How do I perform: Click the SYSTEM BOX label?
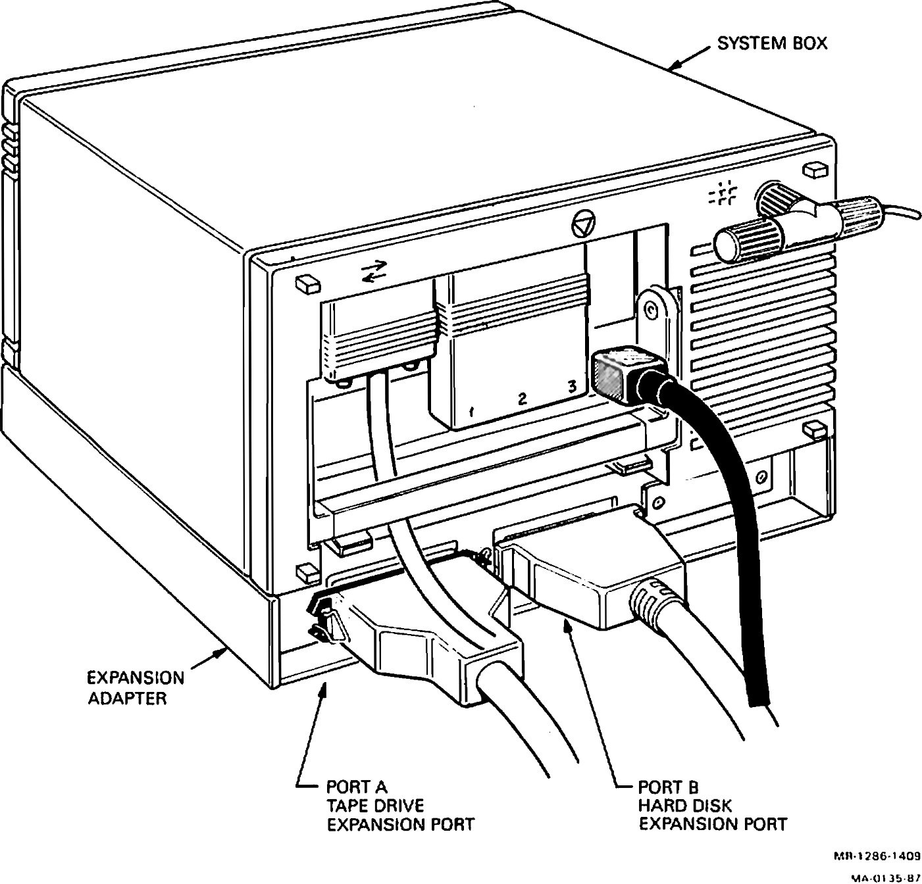click(771, 43)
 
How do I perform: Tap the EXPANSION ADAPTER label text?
click(136, 687)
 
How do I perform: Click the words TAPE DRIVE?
click(375, 805)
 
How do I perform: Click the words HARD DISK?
click(684, 805)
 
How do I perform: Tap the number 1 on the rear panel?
click(471, 413)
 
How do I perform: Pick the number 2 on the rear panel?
click(522, 399)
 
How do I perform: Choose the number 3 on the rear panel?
click(573, 387)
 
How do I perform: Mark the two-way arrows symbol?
click(375, 271)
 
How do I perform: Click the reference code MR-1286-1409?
click(877, 856)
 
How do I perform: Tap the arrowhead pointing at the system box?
click(673, 66)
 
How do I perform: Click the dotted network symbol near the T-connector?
click(723, 193)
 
